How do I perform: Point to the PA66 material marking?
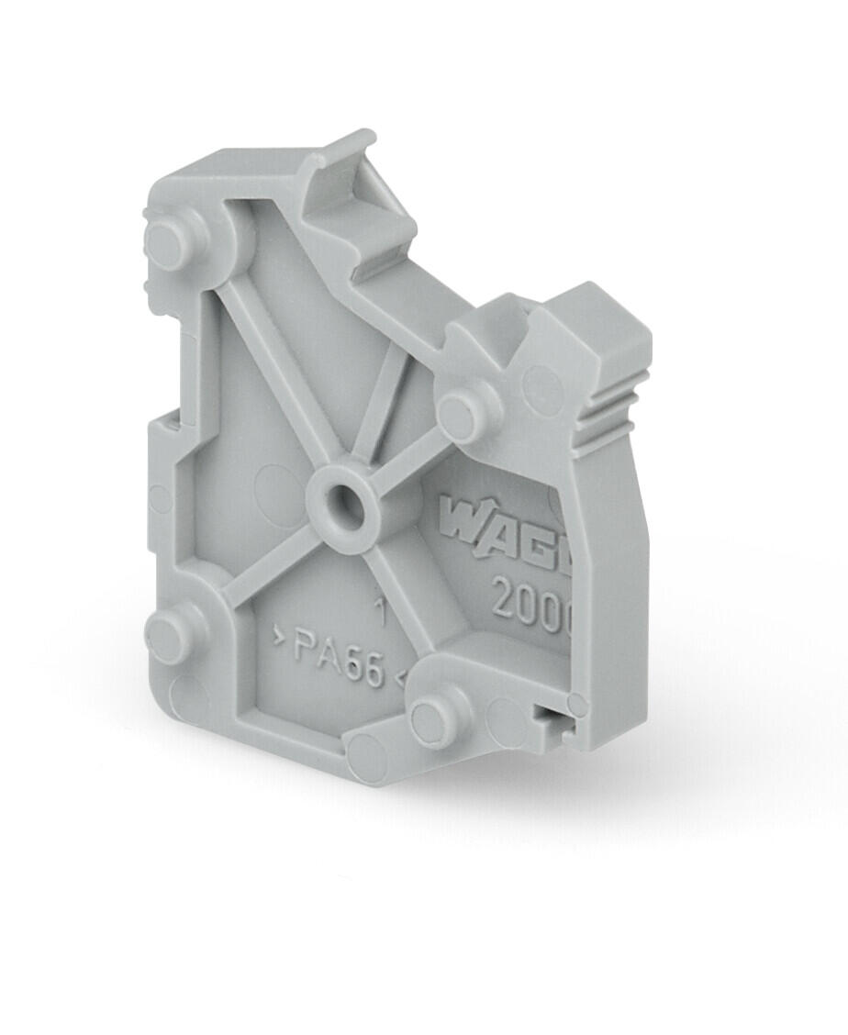(x=338, y=659)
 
